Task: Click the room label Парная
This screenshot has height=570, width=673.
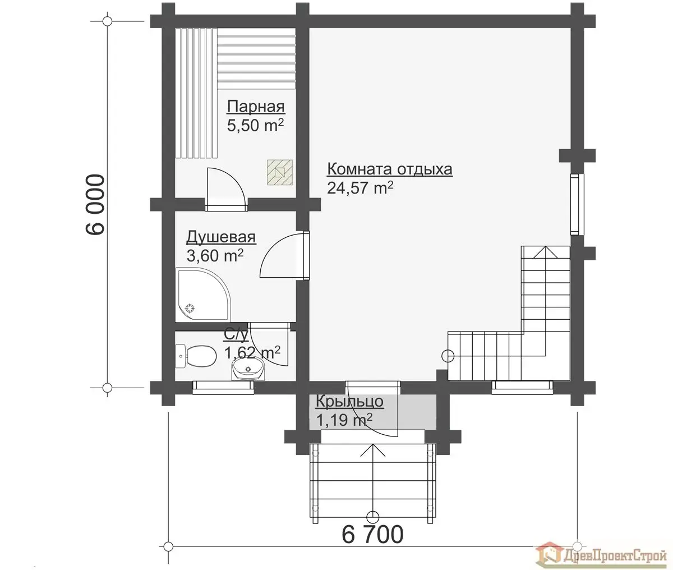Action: point(256,107)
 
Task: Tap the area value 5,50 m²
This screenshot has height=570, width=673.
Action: point(255,125)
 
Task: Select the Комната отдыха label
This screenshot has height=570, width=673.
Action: point(390,169)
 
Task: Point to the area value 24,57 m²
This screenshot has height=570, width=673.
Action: point(360,187)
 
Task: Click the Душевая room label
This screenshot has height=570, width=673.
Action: point(221,238)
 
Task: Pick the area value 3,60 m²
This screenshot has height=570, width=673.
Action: point(215,256)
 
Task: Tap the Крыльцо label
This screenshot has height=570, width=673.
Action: point(349,402)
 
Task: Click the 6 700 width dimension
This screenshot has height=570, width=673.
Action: point(372,535)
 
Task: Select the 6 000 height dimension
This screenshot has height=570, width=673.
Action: point(95,204)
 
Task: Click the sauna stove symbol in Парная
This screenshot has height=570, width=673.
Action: point(280,172)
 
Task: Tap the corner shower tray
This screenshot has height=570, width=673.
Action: point(203,294)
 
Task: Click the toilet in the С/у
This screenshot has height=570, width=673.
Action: point(196,356)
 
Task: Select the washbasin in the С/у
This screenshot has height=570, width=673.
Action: point(248,368)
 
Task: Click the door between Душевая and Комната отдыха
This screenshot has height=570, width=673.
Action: point(284,256)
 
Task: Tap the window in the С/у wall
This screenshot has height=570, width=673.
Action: point(223,388)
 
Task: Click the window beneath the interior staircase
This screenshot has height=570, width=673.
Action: point(522,387)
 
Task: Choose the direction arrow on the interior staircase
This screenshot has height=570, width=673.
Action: point(546,301)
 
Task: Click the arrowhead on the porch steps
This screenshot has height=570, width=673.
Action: point(372,450)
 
